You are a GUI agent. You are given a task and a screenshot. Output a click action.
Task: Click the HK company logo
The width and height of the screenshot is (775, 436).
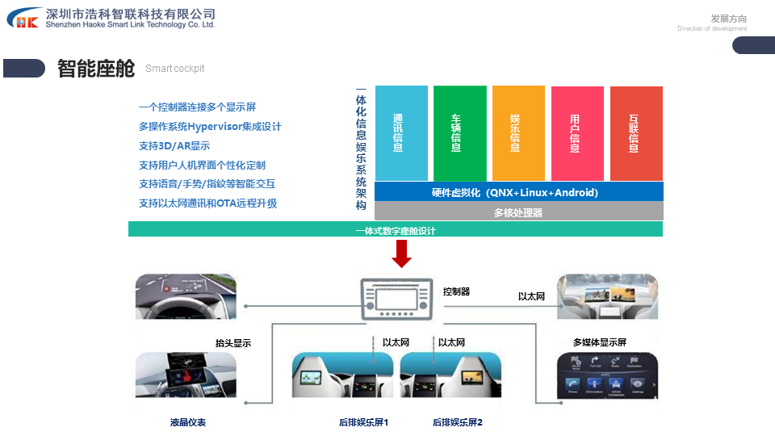coord(24,19)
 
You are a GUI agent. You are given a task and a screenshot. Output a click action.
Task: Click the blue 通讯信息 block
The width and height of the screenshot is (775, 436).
coord(401,133)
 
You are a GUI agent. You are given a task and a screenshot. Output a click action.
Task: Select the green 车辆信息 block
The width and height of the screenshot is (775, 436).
coord(460,133)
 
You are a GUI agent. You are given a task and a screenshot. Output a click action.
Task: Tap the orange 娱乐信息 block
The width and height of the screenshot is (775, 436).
coord(518,133)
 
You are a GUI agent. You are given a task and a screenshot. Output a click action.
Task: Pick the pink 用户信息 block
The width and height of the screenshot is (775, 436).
coord(577,133)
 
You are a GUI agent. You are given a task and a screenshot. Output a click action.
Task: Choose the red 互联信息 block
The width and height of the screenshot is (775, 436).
coord(636,133)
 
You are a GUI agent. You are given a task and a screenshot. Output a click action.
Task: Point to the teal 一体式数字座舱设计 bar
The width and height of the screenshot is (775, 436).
coord(396,230)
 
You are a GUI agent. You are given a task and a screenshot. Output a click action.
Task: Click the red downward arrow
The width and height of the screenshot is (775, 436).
coord(402,255)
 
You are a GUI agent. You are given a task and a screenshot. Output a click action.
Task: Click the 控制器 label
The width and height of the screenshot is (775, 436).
coord(456,291)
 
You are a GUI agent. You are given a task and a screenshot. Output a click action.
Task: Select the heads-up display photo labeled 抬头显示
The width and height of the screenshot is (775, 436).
coord(186,297)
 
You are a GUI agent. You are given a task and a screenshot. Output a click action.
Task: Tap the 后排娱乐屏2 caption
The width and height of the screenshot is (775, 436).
coord(457,422)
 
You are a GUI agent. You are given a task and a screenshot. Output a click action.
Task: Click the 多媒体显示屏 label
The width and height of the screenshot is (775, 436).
coord(599,342)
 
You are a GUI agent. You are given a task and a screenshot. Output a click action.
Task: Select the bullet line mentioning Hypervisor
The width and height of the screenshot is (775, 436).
coord(210,127)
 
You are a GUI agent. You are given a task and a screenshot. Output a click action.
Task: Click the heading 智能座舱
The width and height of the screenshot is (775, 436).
coord(96,69)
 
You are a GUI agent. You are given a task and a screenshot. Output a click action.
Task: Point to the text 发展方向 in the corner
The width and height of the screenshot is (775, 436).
coord(728,19)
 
